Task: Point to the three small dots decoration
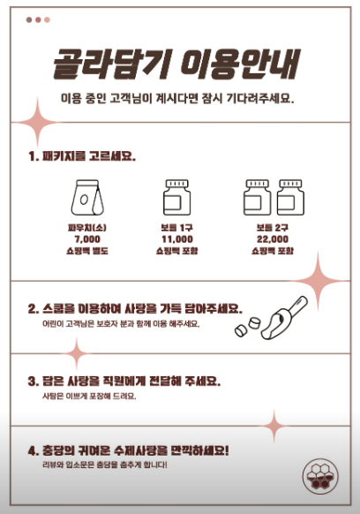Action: [38, 19]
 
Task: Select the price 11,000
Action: [176, 238]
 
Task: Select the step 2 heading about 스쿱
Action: [133, 309]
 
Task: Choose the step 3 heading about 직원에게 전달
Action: [124, 382]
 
